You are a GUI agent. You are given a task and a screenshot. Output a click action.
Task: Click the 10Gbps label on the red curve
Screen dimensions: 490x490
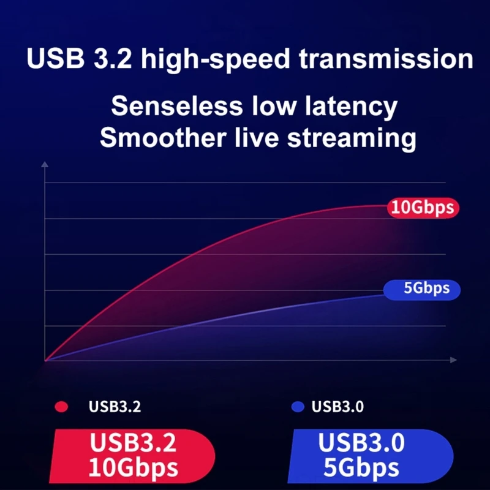pyautogui.click(x=423, y=208)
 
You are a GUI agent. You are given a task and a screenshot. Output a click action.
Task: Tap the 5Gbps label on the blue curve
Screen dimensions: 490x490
pyautogui.click(x=423, y=288)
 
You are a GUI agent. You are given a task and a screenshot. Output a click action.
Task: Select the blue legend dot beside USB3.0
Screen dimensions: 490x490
pyautogui.click(x=298, y=407)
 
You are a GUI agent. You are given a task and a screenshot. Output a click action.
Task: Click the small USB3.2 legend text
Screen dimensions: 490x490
pyautogui.click(x=115, y=407)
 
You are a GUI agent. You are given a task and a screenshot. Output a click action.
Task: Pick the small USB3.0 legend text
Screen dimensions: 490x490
pyautogui.click(x=337, y=407)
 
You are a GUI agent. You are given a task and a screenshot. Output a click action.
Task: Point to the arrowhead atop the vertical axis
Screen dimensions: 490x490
pyautogui.click(x=45, y=164)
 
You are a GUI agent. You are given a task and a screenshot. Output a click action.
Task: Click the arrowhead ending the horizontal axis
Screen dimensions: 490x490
pyautogui.click(x=453, y=360)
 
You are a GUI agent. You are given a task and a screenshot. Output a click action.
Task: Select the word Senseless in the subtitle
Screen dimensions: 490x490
pyautogui.click(x=177, y=107)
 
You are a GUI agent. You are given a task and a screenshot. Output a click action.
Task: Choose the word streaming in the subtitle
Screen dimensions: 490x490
pyautogui.click(x=352, y=138)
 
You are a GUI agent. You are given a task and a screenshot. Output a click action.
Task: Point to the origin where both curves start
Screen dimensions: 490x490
pyautogui.click(x=45, y=360)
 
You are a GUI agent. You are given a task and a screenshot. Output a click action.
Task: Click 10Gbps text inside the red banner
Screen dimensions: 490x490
pyautogui.click(x=133, y=468)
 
